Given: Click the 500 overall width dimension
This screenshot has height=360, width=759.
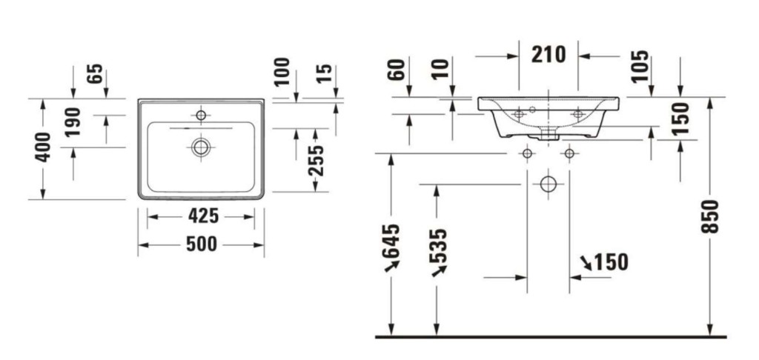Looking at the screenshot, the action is click(202, 244).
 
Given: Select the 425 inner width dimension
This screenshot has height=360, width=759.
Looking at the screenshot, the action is click(203, 216).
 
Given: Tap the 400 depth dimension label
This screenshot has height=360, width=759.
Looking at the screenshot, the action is click(43, 147).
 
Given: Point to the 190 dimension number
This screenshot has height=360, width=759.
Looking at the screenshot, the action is click(73, 121).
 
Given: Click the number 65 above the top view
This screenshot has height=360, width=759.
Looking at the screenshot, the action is click(95, 73).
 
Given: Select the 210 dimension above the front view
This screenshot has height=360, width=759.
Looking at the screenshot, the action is click(548, 55).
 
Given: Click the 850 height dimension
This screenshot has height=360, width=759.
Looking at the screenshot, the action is click(710, 216).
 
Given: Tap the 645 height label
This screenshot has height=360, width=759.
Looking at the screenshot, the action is click(391, 241).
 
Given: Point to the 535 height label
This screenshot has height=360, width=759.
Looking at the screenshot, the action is click(438, 246).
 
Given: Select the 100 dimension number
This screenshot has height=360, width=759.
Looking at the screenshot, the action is click(282, 72).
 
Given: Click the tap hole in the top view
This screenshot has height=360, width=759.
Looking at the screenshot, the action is click(201, 115).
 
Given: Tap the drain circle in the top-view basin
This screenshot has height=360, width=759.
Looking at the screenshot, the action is click(201, 147).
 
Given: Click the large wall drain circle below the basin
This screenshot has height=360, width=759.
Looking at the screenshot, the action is click(548, 184).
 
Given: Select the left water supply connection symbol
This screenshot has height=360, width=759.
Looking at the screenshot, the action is click(527, 154).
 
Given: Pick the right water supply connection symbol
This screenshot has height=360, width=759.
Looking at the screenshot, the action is click(570, 154).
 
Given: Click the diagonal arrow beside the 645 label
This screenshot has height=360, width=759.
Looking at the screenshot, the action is click(391, 266).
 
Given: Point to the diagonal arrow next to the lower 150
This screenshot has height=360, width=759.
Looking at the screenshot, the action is click(586, 263).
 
